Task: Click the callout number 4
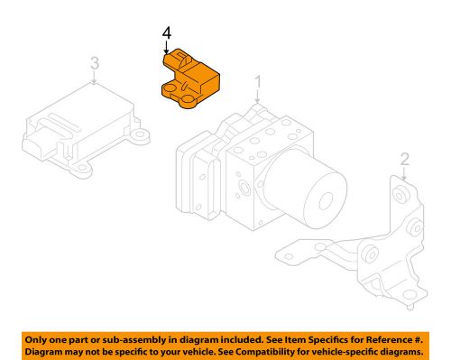166,34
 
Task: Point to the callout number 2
404,161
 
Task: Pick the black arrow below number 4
166,49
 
